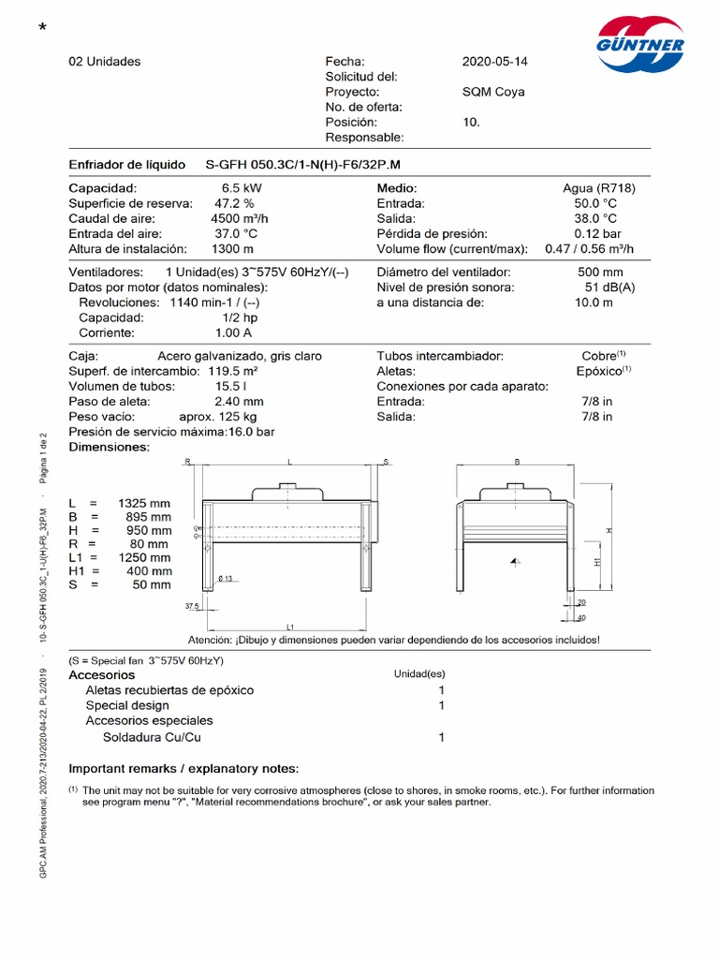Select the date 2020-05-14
[494, 62]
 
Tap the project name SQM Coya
[493, 92]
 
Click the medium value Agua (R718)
[599, 188]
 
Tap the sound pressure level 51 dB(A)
[609, 288]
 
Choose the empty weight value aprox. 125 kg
[218, 416]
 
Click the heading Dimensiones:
[110, 447]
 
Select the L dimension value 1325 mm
[144, 503]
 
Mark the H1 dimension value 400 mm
[149, 570]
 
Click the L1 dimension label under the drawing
[291, 627]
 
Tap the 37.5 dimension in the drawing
[193, 606]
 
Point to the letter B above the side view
[518, 462]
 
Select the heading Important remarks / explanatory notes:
[183, 769]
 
